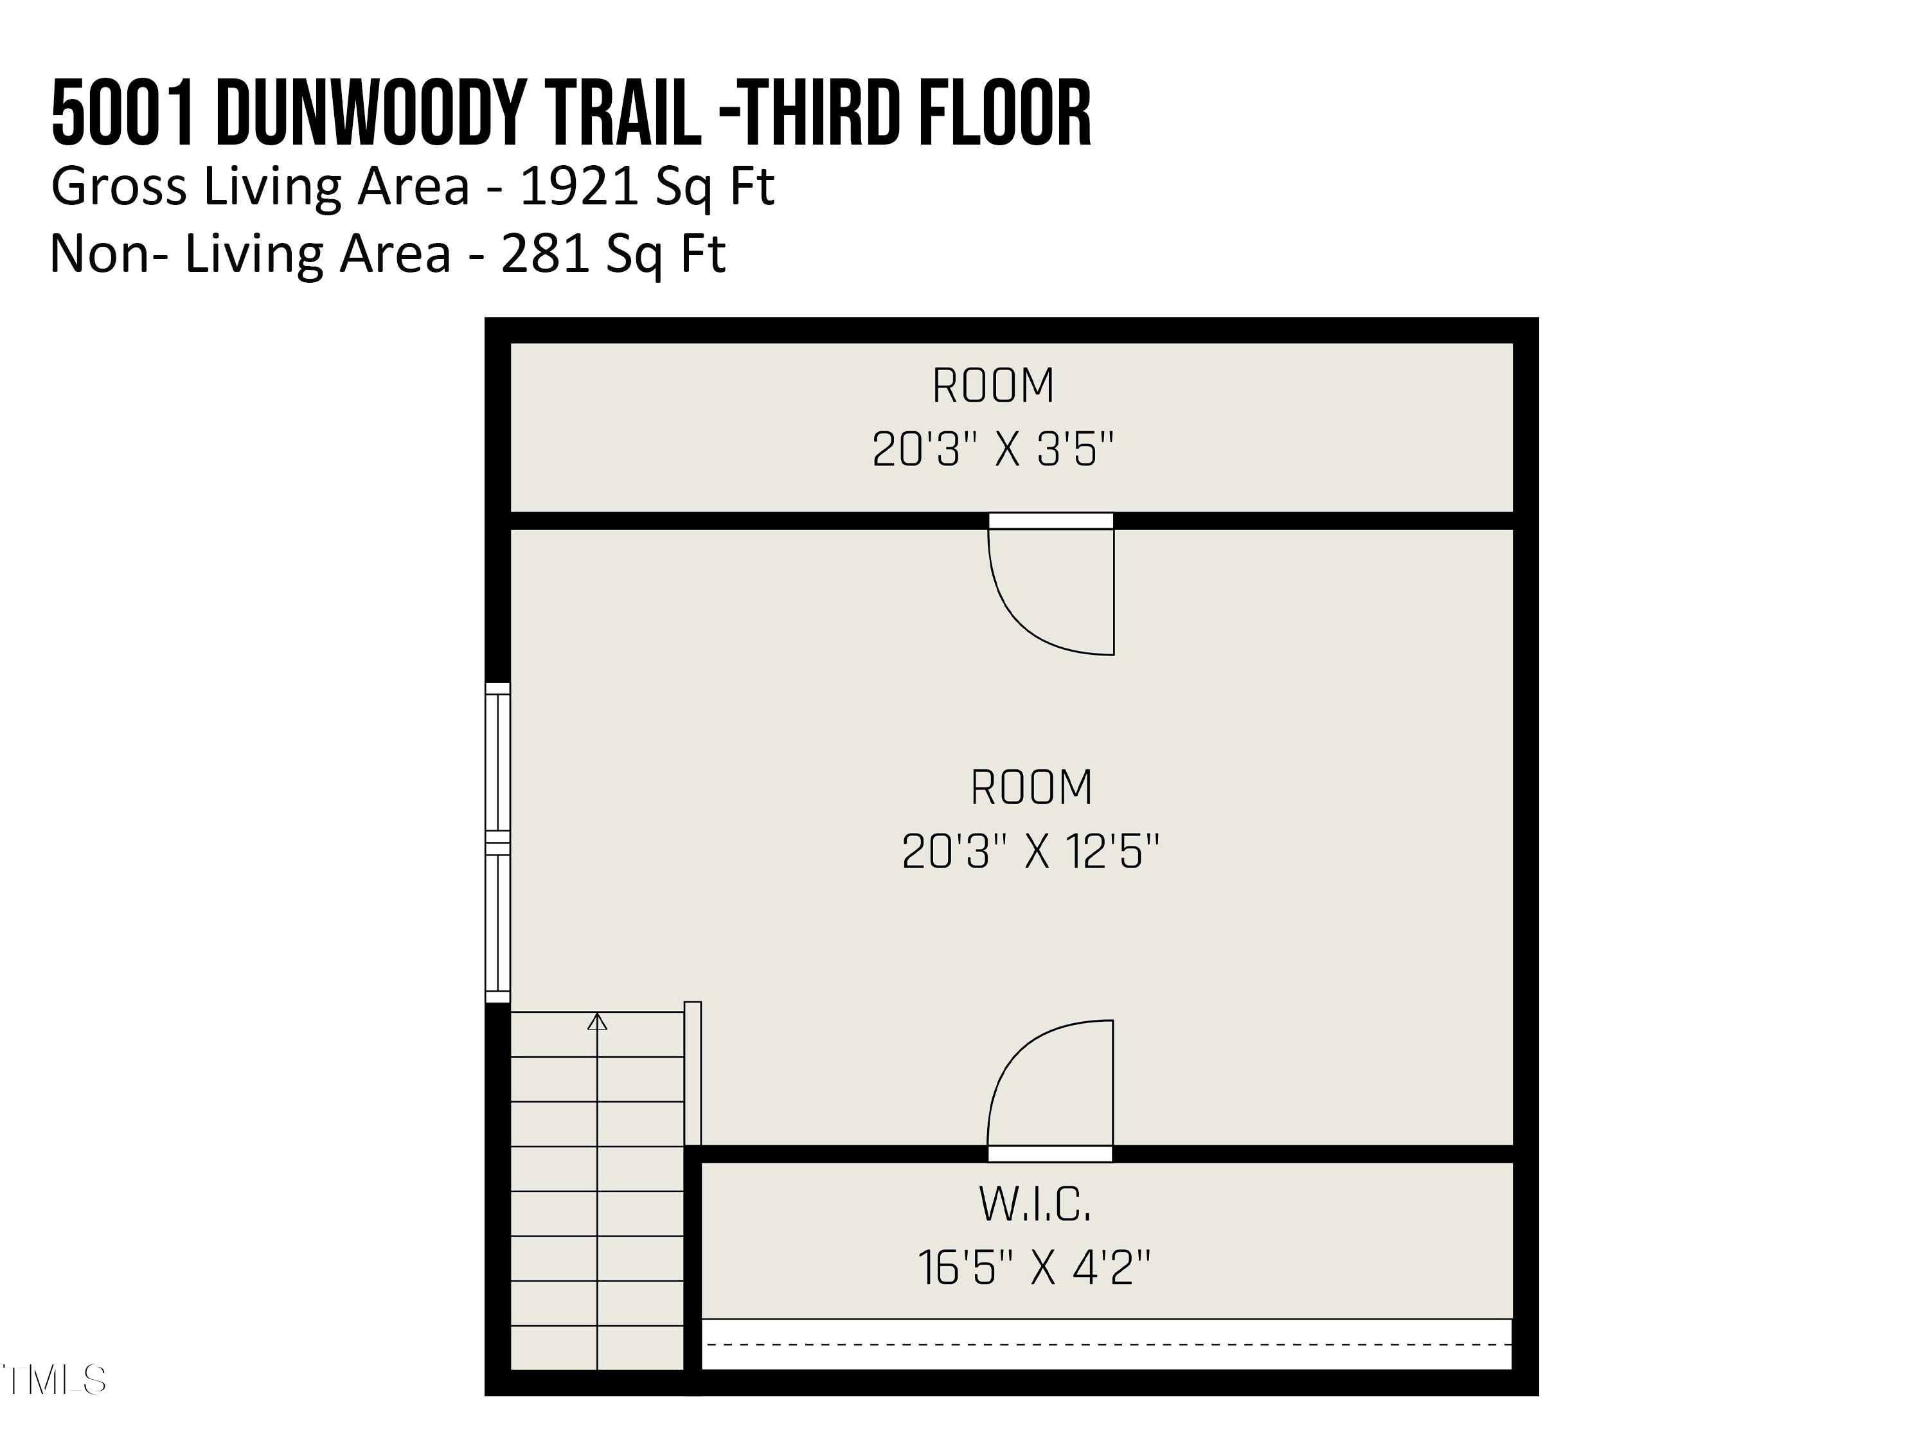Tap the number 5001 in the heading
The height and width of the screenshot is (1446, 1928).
pyautogui.click(x=123, y=113)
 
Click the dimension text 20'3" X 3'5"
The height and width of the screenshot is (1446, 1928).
pyautogui.click(x=993, y=450)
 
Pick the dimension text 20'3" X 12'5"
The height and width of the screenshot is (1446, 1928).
pyautogui.click(x=1030, y=851)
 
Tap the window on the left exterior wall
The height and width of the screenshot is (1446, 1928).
pyautogui.click(x=497, y=843)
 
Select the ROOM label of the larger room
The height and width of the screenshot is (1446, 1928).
pyautogui.click(x=1031, y=787)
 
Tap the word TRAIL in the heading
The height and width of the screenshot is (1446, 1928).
pyautogui.click(x=625, y=113)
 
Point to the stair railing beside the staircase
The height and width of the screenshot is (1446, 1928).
pyautogui.click(x=693, y=1073)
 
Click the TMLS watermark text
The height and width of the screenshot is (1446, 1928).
pyautogui.click(x=54, y=1380)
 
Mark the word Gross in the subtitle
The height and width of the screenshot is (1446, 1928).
pyautogui.click(x=118, y=186)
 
